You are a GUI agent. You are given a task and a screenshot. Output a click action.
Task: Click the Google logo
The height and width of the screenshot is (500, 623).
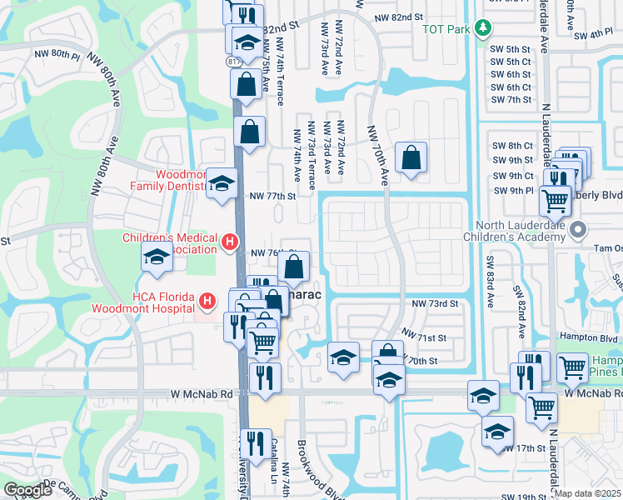click(27, 491)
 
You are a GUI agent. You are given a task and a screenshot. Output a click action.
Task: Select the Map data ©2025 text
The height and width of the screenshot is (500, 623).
click(588, 493)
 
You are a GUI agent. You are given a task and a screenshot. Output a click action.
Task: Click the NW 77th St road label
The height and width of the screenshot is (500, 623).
click(272, 197)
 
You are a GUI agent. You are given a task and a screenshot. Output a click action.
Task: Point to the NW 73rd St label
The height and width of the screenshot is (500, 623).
click(436, 305)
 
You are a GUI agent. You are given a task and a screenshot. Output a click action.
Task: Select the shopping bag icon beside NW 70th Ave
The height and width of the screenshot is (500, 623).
click(411, 157)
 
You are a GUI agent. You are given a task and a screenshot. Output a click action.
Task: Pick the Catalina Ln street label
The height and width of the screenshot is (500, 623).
click(273, 467)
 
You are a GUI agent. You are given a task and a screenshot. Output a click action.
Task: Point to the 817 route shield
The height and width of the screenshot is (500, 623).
click(235, 62)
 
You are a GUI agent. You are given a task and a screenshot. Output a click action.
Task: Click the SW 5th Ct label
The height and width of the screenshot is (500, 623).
click(511, 62)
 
